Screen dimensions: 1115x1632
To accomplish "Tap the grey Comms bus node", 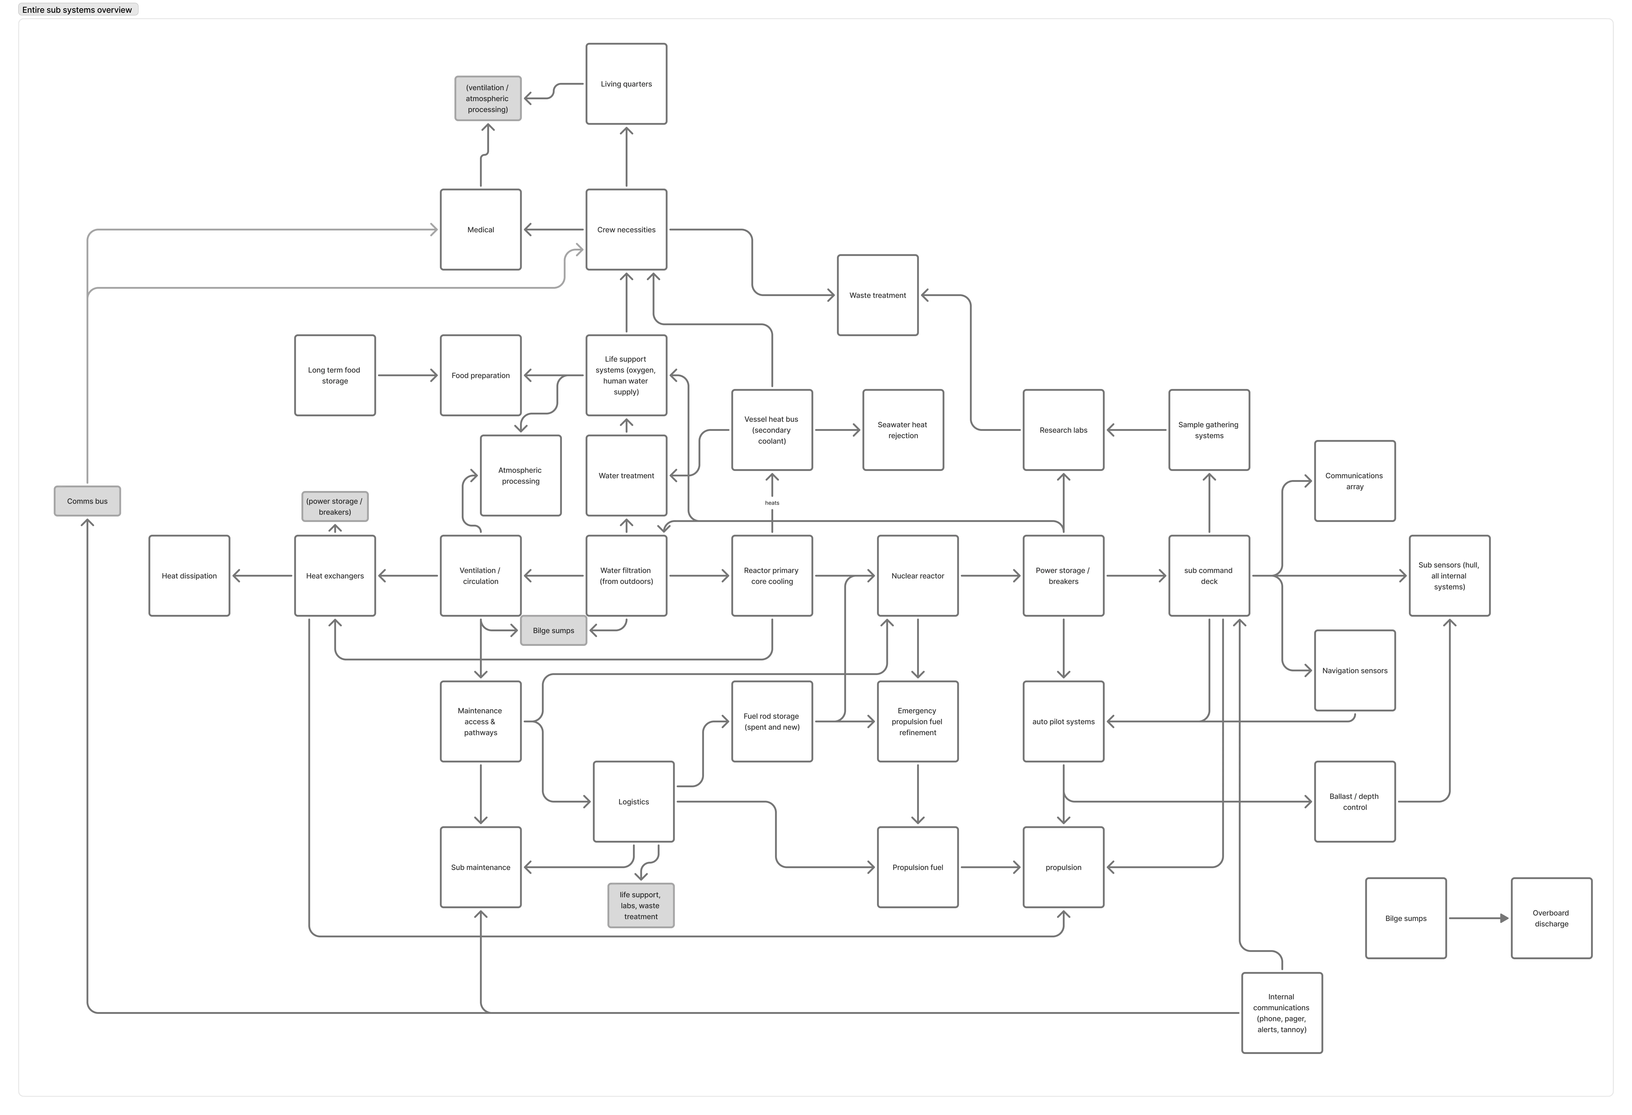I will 87,501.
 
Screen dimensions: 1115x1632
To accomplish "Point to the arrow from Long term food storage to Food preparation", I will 407,375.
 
